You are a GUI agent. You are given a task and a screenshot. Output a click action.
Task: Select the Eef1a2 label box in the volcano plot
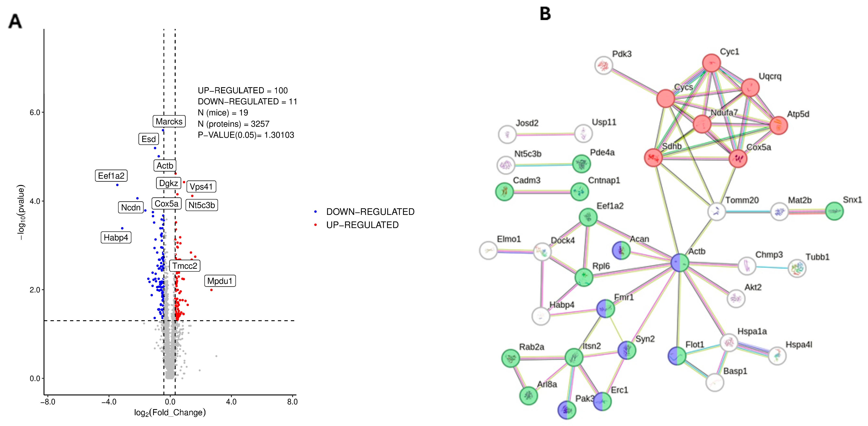coord(111,176)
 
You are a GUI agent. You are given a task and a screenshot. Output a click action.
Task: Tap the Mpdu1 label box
coord(220,281)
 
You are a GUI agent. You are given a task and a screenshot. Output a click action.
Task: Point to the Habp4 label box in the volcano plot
coord(116,238)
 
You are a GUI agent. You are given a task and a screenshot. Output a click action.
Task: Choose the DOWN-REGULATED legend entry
coord(370,212)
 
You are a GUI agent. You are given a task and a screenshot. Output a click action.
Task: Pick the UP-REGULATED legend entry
coord(362,225)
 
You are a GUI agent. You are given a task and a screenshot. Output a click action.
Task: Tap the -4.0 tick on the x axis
coord(109,402)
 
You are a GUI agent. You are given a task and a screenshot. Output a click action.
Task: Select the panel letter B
coord(545,14)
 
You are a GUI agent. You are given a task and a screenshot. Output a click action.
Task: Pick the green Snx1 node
coord(834,211)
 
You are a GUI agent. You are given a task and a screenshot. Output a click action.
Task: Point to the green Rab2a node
coord(511,358)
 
